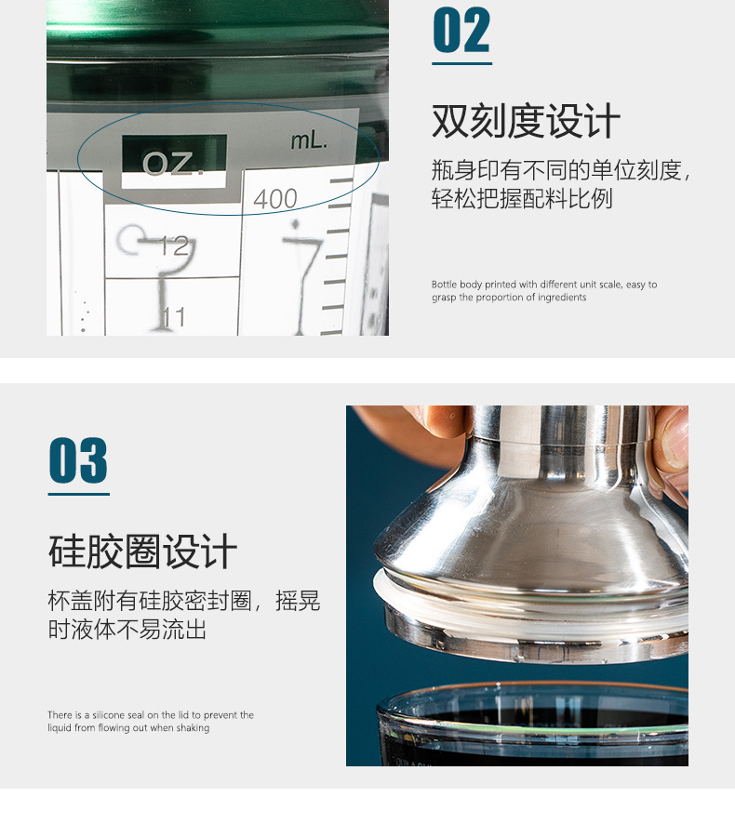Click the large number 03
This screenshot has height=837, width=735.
78,461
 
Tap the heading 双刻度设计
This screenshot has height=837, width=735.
526,122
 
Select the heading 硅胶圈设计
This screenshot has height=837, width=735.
142,551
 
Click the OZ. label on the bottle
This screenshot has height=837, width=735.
173,164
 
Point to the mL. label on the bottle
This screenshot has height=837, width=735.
309,141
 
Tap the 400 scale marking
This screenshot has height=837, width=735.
275,198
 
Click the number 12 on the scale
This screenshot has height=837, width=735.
174,246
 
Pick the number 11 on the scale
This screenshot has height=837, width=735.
173,317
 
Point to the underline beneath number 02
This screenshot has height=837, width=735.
461,64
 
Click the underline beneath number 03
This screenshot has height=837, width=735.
78,494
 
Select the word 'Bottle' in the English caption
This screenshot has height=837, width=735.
445,285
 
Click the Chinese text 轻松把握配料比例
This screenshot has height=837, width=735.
522,199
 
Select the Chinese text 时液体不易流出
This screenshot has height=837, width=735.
127,630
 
